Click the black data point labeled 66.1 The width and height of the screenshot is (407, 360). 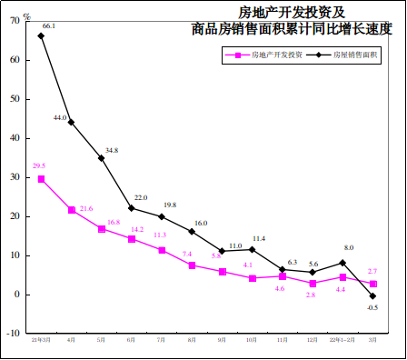(x=41, y=35)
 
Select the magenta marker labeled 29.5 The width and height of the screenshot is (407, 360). (x=41, y=179)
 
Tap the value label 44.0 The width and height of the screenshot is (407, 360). (x=61, y=117)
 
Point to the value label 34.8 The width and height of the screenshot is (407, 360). (x=112, y=150)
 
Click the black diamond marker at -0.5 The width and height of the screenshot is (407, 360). (x=372, y=296)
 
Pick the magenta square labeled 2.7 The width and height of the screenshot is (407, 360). (x=372, y=284)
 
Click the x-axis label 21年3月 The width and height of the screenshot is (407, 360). (x=41, y=339)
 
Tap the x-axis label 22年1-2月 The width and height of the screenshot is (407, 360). (x=342, y=339)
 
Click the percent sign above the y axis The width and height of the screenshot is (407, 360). (x=27, y=15)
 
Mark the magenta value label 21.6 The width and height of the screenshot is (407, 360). (x=86, y=208)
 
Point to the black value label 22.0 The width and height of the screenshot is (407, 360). (x=141, y=197)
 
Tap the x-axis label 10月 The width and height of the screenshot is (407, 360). (x=252, y=339)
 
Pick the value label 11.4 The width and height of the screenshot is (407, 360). (x=259, y=238)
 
